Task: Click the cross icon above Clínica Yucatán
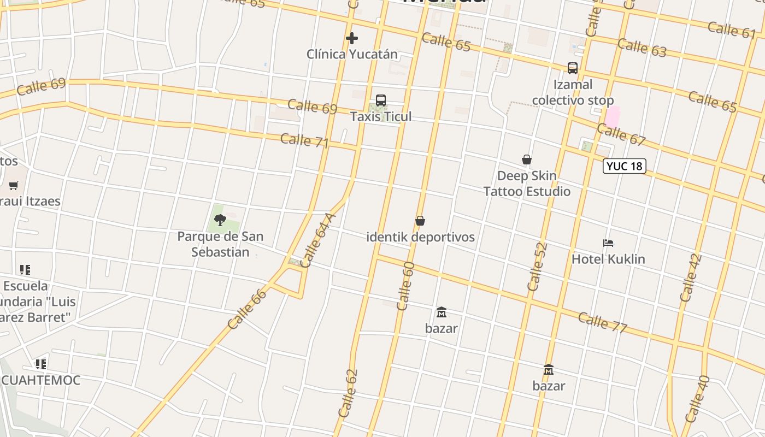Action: [x=352, y=38]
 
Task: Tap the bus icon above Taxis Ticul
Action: [x=381, y=101]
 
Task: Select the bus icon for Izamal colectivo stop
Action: [x=573, y=68]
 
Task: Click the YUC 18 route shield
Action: [x=624, y=166]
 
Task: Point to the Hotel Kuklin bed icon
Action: [x=608, y=243]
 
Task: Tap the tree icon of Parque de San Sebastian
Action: [x=220, y=220]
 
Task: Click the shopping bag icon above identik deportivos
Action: [x=420, y=221]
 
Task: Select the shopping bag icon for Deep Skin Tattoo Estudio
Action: [x=527, y=160]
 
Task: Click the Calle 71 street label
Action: [x=304, y=140]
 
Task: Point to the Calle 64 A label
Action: [x=317, y=240]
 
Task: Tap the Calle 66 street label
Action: [x=247, y=309]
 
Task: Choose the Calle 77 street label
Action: [x=602, y=322]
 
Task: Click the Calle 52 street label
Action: [x=537, y=267]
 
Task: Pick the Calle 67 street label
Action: [x=621, y=134]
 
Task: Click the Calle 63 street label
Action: [x=642, y=48]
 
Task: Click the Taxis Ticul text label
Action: [x=381, y=116]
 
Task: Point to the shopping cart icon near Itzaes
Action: [x=14, y=186]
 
